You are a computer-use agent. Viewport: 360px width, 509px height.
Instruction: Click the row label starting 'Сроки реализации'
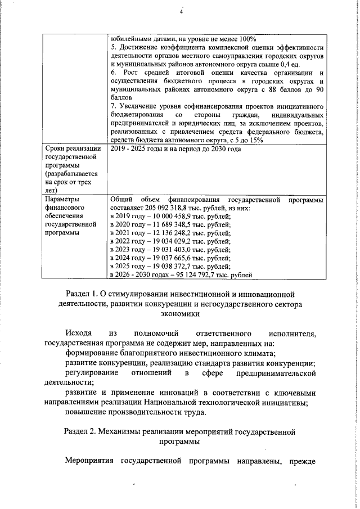coord(71,148)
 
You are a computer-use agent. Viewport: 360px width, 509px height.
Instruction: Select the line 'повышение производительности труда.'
coord(136,412)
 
